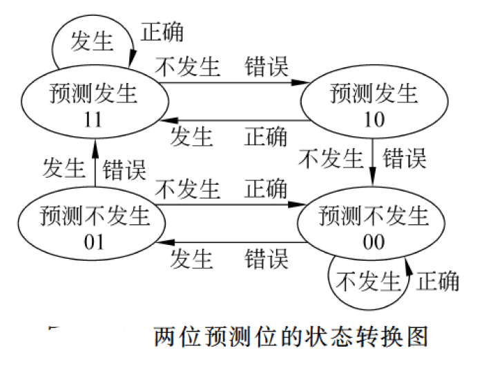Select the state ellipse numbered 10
[x=373, y=104]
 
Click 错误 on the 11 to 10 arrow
[x=266, y=67]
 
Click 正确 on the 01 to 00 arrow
[x=266, y=188]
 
